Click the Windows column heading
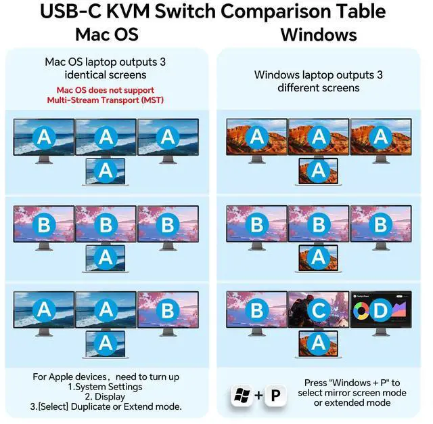318,34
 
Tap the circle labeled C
319,311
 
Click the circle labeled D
381,311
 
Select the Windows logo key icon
242,396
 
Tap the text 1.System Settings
106,386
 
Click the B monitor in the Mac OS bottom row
168,311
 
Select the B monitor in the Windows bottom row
256,311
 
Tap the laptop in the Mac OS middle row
106,257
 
